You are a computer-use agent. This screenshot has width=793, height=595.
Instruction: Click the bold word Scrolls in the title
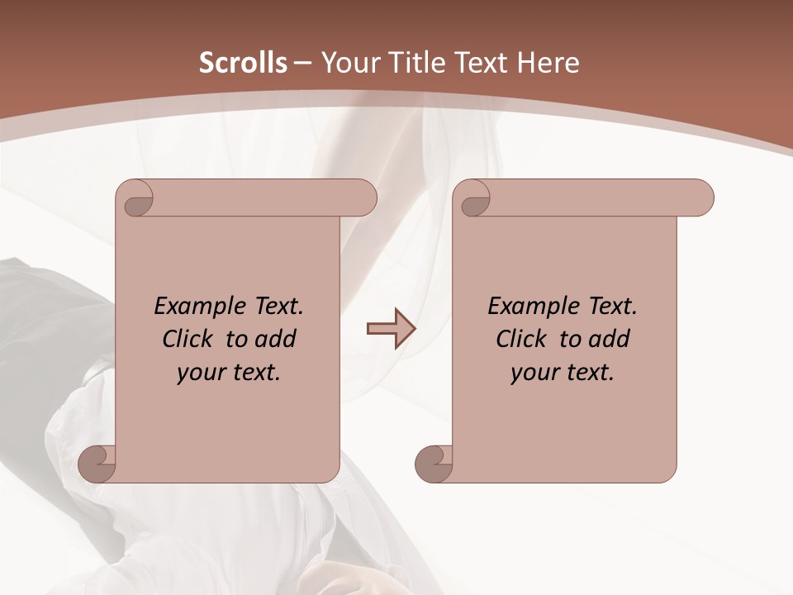(x=243, y=63)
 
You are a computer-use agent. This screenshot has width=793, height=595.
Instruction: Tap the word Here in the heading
(x=548, y=63)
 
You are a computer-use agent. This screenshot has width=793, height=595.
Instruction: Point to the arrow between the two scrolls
(x=390, y=329)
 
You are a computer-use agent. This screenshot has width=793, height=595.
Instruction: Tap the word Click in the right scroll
(x=520, y=339)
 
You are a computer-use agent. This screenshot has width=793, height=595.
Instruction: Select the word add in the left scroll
(x=275, y=339)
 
